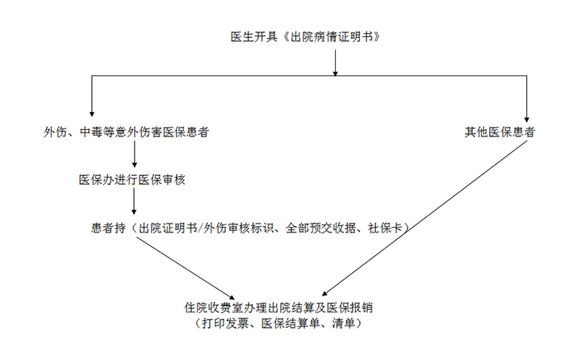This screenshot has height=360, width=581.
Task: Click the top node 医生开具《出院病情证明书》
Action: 305,37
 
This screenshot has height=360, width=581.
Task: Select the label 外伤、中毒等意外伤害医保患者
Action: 127,132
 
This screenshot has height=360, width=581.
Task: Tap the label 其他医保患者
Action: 499,132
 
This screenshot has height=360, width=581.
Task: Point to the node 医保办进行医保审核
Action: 132,180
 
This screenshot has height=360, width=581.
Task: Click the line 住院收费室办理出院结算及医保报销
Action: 278,308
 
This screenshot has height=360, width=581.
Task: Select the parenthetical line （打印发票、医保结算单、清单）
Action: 278,324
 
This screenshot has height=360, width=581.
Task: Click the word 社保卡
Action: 386,228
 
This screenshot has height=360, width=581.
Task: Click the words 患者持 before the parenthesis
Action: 108,228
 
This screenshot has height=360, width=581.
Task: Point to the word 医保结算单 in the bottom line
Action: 290,324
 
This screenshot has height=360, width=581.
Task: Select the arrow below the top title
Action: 336,63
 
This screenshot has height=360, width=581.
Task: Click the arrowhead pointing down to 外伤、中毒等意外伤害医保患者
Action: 92,114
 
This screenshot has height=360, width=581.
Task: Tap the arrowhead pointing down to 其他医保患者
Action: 526,119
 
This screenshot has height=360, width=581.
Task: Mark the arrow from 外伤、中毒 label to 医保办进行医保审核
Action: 135,154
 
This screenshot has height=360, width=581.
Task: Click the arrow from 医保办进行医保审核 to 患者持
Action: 134,202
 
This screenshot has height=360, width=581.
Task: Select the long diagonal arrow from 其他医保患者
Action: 424,219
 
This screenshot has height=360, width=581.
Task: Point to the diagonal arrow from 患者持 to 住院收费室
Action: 186,268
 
